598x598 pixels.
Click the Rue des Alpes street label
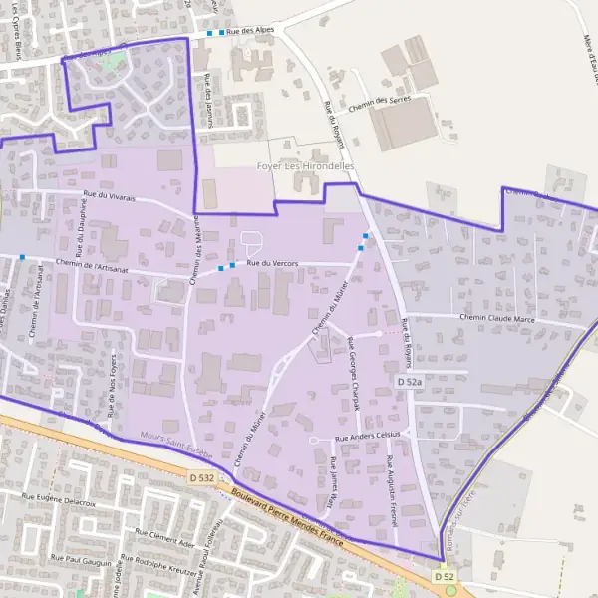pyautogui.click(x=249, y=32)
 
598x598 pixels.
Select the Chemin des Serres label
pyautogui.click(x=388, y=104)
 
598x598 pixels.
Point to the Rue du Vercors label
pyautogui.click(x=272, y=262)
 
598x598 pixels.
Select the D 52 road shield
pyautogui.click(x=445, y=577)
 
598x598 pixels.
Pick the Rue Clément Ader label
pyautogui.click(x=164, y=539)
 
